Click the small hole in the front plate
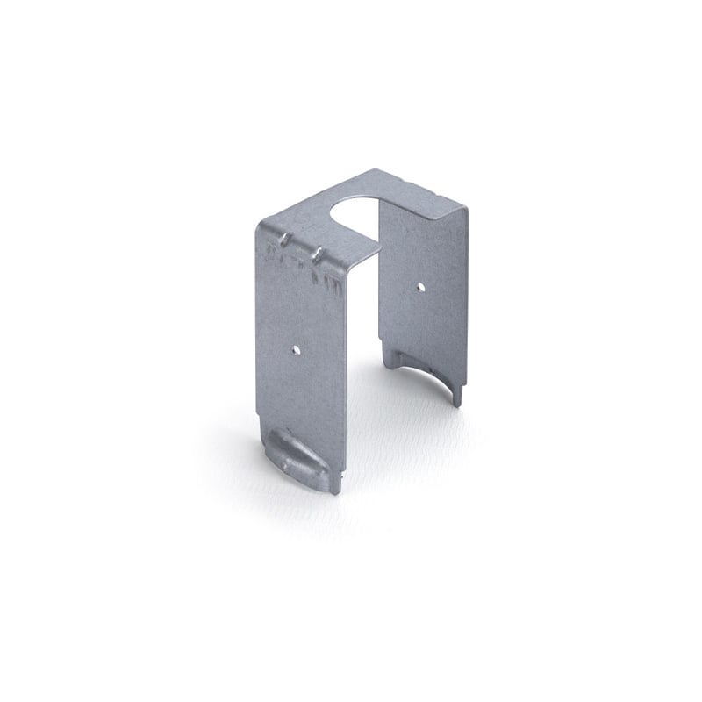point(297,349)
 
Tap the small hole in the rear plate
point(420,285)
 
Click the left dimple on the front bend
point(285,236)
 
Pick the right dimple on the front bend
point(319,253)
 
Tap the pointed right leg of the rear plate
point(457,395)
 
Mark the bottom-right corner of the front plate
point(336,492)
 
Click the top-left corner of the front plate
point(258,224)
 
